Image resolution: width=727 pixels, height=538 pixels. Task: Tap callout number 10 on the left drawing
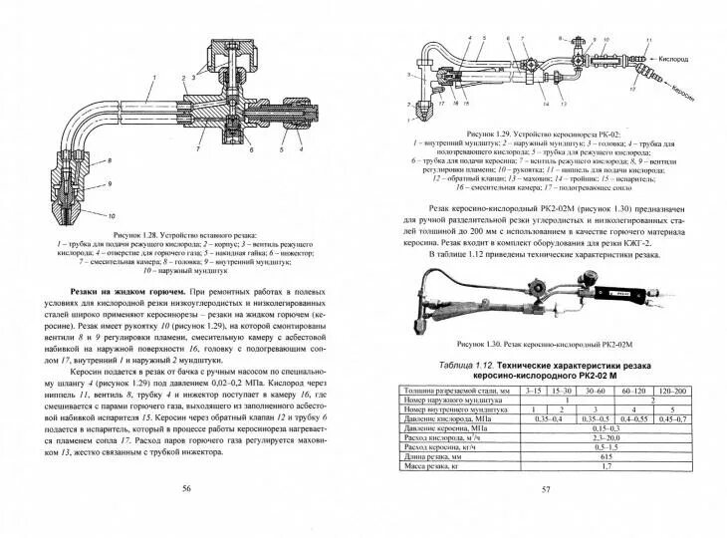click(x=112, y=214)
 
